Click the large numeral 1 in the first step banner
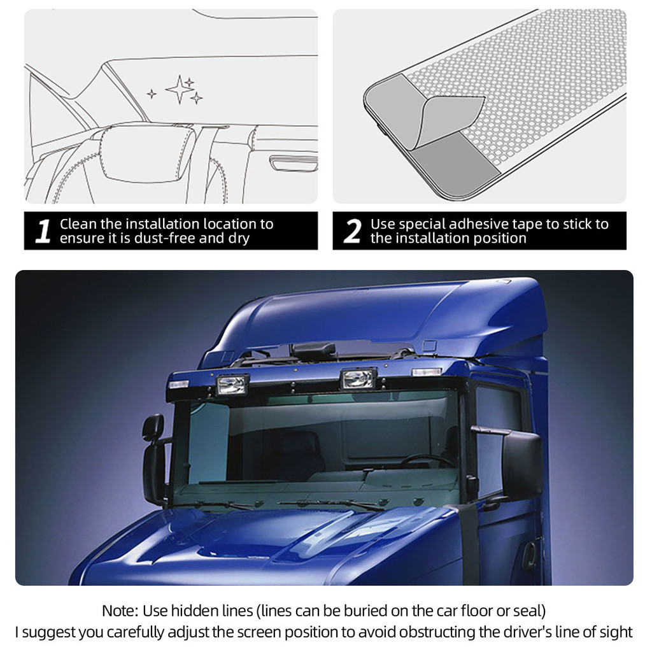(43, 231)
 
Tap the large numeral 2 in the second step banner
(352, 231)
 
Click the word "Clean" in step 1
(78, 224)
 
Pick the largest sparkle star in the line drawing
(180, 89)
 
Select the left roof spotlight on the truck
(233, 384)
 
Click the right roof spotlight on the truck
(358, 378)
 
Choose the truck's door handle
(529, 555)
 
